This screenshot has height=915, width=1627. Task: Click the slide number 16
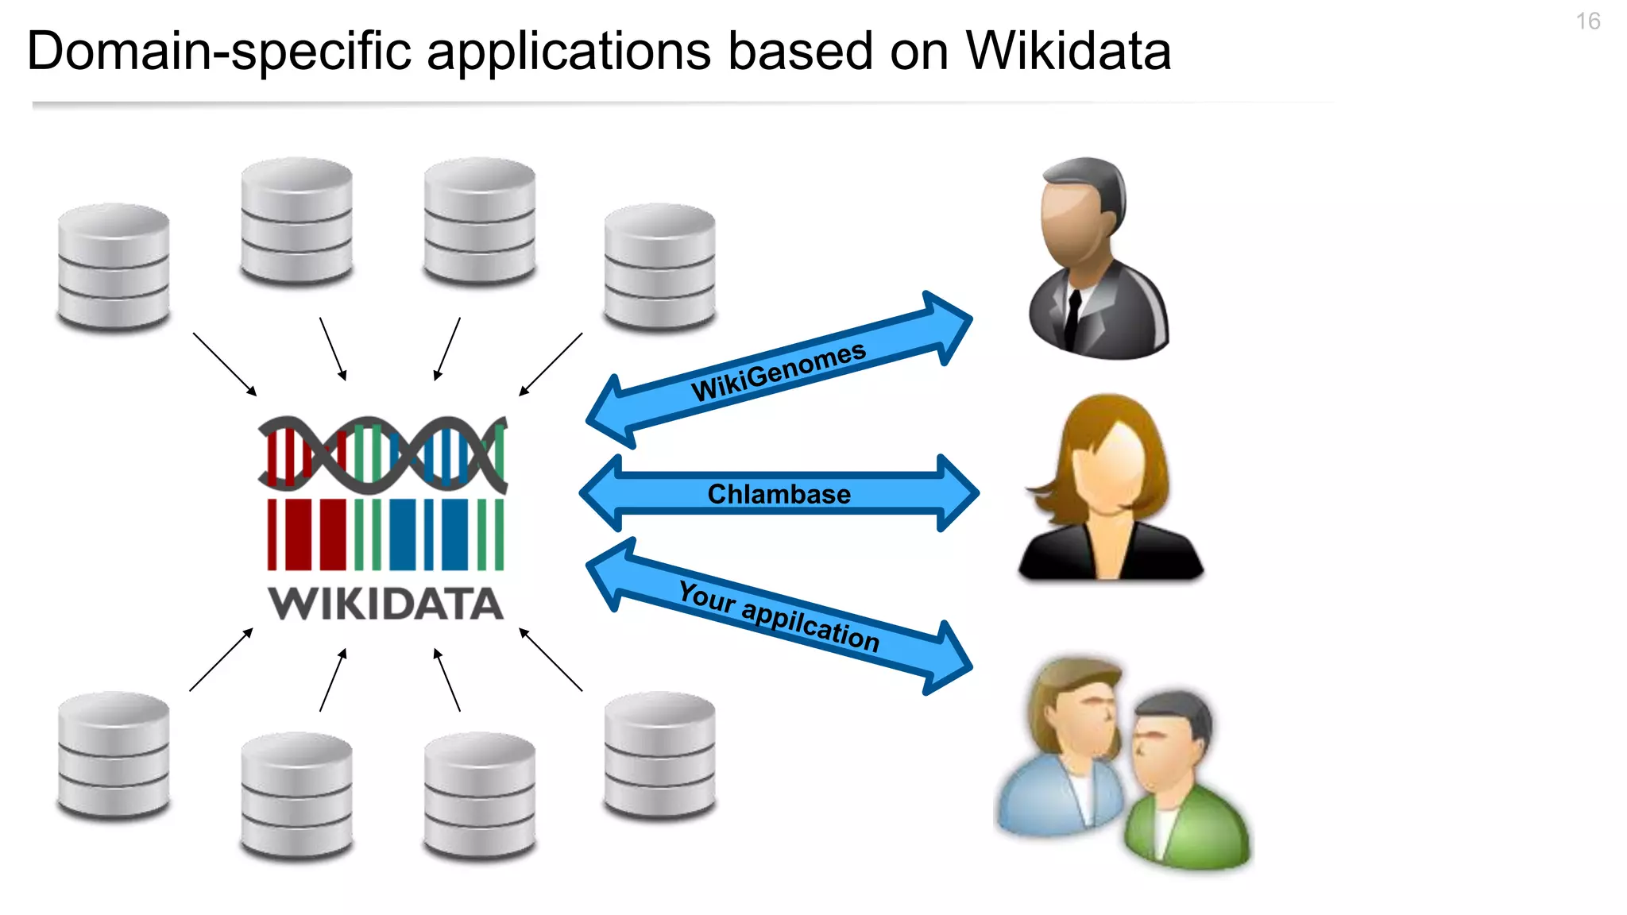coord(1587,21)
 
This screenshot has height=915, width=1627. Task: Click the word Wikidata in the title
coord(1068,52)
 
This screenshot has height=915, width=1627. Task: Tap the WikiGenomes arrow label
coord(778,371)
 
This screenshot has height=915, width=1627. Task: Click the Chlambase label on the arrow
coord(779,494)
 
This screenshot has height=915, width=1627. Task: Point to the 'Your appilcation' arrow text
coord(779,616)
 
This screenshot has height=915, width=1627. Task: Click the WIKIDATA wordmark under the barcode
coord(386,604)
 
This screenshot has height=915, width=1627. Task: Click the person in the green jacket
coord(1184,786)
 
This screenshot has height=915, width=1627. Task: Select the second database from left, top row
coord(296,221)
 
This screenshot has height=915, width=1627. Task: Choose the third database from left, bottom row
coord(479,796)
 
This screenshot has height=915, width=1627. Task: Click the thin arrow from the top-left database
coord(225,364)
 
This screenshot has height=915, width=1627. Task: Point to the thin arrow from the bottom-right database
coord(551,659)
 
